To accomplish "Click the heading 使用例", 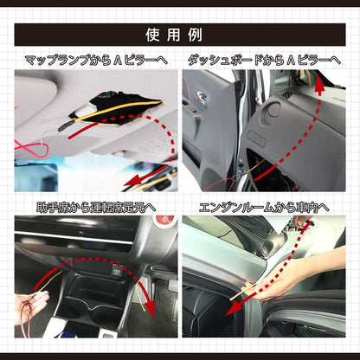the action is tap(174, 35).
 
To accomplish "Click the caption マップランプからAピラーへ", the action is tap(96, 61).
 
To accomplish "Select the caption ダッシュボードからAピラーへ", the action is tap(264, 61).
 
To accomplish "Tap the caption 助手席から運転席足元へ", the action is tap(96, 208).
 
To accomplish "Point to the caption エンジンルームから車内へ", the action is tap(264, 208).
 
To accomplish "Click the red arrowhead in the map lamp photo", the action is tap(132, 181).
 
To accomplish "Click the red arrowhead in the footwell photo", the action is tap(151, 312).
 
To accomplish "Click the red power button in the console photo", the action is tap(164, 220).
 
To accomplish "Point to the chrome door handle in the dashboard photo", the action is tap(201, 97).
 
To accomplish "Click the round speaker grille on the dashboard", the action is tap(270, 112).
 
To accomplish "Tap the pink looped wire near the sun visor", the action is tap(31, 149).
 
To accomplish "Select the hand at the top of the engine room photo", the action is tap(301, 222).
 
